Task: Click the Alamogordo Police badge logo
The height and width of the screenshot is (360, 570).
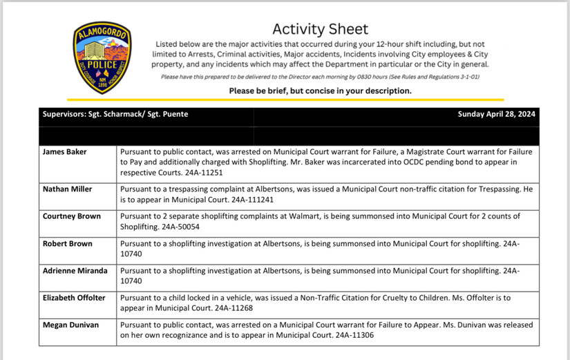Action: [x=102, y=57]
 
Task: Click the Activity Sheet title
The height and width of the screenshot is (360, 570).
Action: [x=320, y=29]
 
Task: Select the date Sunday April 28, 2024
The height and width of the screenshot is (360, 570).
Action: [x=497, y=115]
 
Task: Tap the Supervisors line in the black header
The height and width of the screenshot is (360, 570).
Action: [x=115, y=115]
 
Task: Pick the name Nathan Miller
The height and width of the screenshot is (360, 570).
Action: [x=68, y=189]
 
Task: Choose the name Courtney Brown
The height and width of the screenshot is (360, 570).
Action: [x=71, y=216]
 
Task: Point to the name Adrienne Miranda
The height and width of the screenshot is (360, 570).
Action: [x=75, y=271]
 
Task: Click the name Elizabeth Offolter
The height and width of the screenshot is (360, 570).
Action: [x=74, y=298]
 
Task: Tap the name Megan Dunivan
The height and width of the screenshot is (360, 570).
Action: [x=70, y=325]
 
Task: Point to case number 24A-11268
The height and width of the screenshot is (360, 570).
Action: [x=237, y=307]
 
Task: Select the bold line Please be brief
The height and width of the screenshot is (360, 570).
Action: [x=320, y=91]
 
